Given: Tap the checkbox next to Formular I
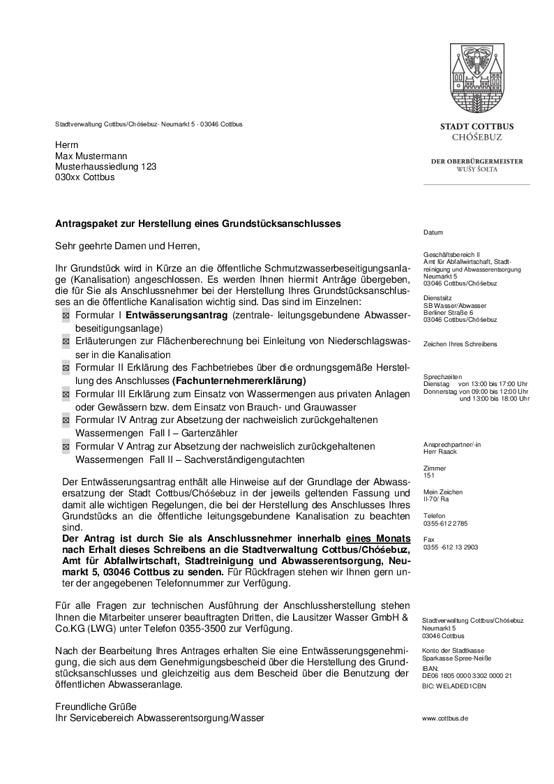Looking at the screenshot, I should (66, 317).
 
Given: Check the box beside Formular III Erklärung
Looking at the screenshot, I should (66, 395).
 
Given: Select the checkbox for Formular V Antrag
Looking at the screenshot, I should (66, 447).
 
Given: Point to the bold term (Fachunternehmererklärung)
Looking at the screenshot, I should (239, 381).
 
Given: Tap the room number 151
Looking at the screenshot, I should (428, 475).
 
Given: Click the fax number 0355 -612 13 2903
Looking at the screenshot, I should (451, 547).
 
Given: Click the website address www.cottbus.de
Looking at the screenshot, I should (445, 718).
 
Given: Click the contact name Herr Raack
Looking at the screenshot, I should (440, 452).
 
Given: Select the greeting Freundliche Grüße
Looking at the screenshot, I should (96, 707).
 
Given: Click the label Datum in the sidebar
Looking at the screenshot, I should (433, 232).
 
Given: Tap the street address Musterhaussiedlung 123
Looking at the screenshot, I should (106, 166).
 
